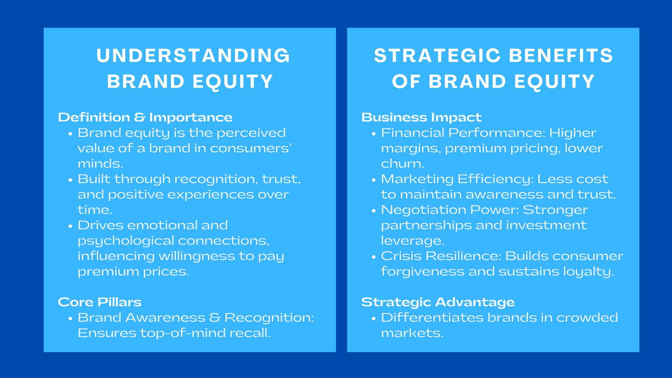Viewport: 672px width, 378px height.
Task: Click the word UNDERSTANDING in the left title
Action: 193,56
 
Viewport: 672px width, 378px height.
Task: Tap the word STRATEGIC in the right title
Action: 437,56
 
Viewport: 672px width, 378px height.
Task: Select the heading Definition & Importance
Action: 145,117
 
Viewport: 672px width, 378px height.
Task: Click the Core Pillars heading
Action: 100,302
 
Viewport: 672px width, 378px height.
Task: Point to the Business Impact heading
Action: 421,117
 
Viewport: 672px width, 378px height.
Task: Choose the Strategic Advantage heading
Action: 438,302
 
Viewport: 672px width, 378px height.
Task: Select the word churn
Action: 402,163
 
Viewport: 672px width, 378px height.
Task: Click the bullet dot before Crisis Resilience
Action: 373,257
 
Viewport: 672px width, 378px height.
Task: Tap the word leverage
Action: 412,241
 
